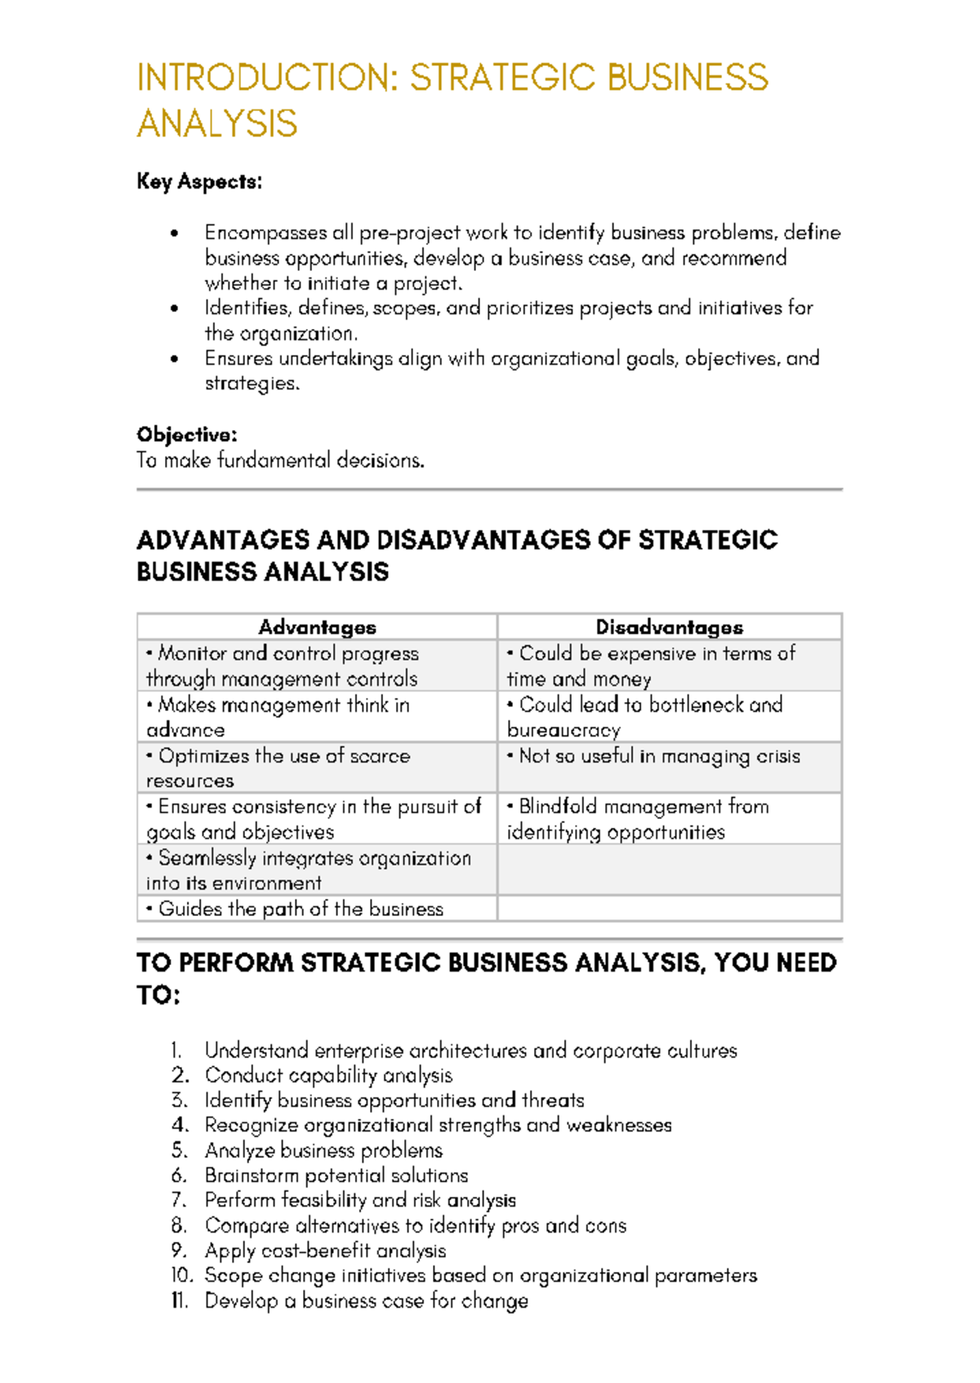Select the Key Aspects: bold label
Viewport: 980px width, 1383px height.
click(x=199, y=181)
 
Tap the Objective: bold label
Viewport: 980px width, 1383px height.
click(x=186, y=434)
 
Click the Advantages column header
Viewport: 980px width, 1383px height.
click(x=317, y=627)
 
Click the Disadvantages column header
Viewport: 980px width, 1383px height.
click(x=669, y=627)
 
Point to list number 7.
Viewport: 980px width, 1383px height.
click(x=179, y=1200)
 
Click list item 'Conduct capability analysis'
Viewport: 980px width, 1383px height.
click(x=328, y=1075)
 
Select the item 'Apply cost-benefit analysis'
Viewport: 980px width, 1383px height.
click(x=325, y=1251)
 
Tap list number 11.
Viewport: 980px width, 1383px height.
click(x=180, y=1301)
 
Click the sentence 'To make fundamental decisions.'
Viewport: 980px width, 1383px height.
click(x=280, y=460)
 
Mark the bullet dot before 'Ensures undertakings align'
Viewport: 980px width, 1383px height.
click(x=174, y=359)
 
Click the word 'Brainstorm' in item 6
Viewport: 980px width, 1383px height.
click(x=251, y=1176)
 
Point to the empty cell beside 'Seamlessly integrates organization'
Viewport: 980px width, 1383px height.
click(x=669, y=869)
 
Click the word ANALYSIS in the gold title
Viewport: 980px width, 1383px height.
click(x=217, y=124)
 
